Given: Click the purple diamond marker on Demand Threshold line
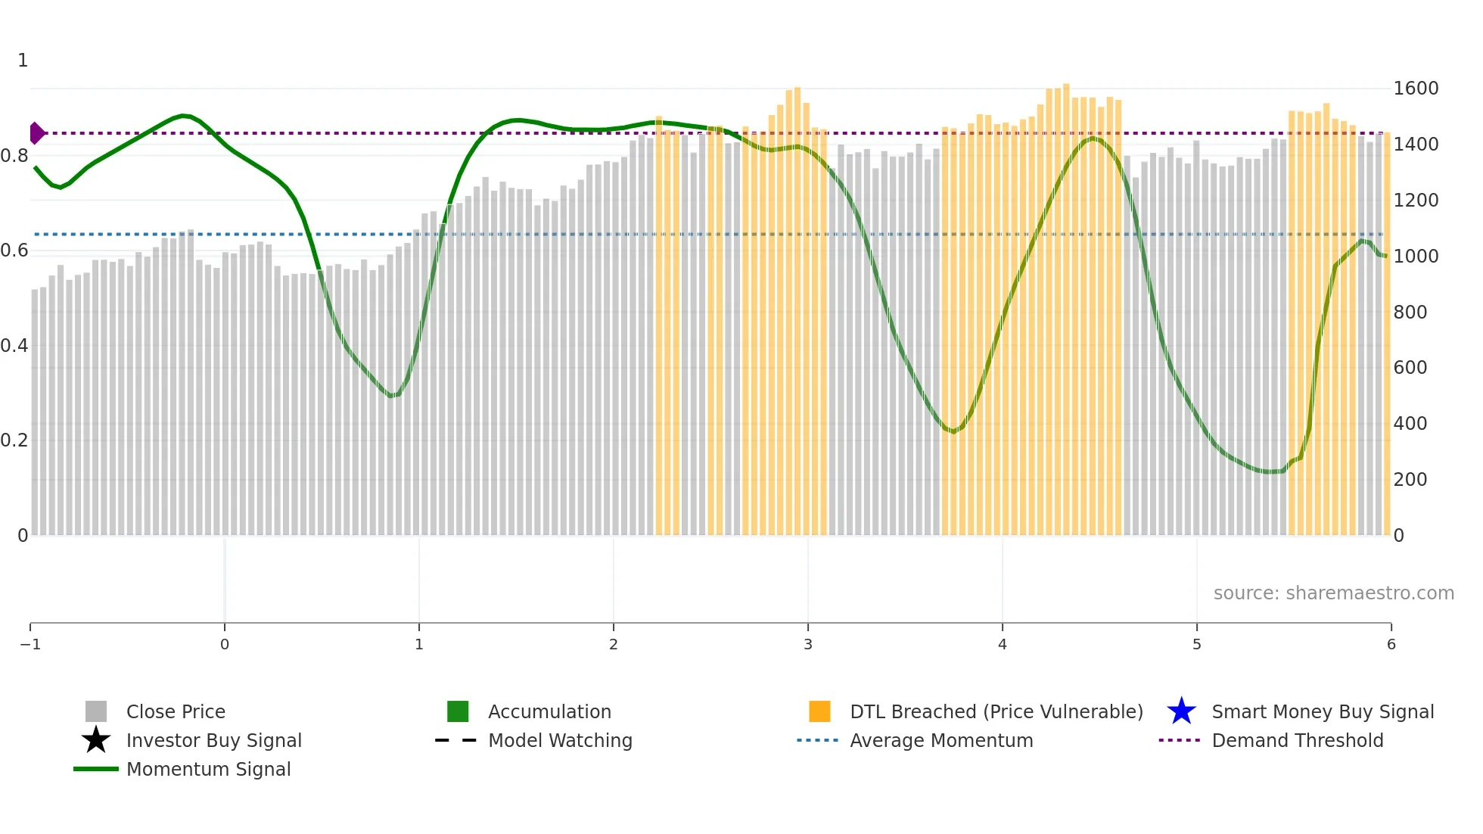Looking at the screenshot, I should tap(36, 133).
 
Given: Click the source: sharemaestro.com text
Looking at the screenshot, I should tap(1333, 593).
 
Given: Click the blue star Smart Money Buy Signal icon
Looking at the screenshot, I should tap(1181, 711).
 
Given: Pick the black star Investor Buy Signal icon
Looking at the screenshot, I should tap(96, 740).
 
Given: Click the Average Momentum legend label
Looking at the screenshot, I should tap(941, 740).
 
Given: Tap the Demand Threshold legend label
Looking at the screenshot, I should tap(1297, 740).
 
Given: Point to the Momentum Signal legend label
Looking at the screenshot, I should tap(208, 769).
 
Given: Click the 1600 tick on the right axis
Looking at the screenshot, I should tap(1416, 89).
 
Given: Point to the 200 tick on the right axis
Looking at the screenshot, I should tap(1410, 480).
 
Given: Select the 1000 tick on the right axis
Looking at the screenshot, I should tap(1416, 257).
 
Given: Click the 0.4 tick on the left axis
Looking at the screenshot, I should tap(14, 346).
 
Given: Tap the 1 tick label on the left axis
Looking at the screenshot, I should tap(23, 61).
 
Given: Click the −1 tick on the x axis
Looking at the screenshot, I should tap(30, 645).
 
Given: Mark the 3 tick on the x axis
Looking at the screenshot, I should tap(808, 645).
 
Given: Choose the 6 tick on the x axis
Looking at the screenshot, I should tap(1391, 645).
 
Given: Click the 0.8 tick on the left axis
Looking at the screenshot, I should tap(14, 156).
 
